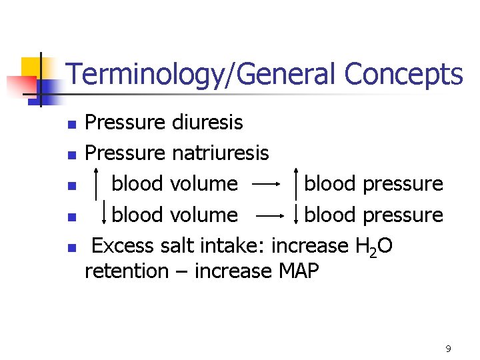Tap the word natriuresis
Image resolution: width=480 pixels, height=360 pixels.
pyautogui.click(x=221, y=153)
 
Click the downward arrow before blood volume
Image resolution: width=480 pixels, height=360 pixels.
pyautogui.click(x=104, y=215)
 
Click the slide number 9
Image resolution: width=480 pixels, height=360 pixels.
pyautogui.click(x=448, y=349)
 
